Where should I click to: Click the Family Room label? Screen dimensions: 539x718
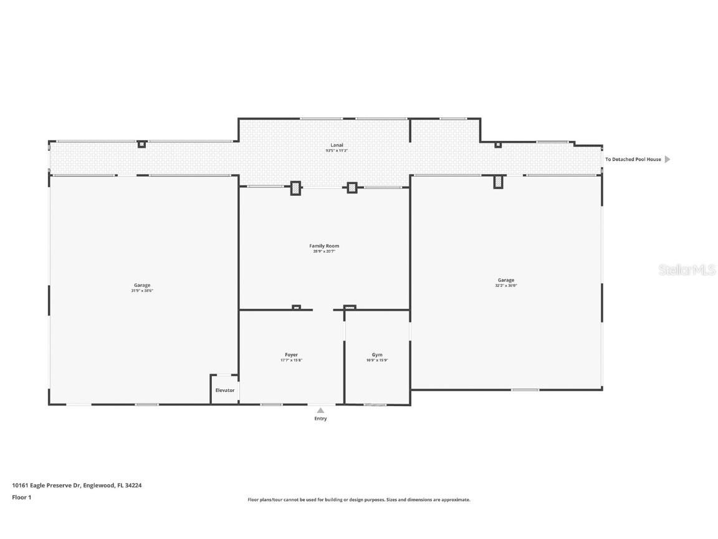click(x=324, y=246)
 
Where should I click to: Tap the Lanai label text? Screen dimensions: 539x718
click(x=337, y=145)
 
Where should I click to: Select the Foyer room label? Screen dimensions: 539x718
click(x=291, y=355)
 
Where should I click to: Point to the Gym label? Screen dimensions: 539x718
click(x=377, y=355)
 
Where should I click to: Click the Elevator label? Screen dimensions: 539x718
click(x=225, y=391)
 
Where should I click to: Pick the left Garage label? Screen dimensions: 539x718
click(x=142, y=285)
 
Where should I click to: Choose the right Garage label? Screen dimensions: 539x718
click(x=506, y=280)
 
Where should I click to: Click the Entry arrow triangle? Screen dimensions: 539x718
click(x=320, y=410)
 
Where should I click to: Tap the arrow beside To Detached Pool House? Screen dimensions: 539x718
click(x=668, y=160)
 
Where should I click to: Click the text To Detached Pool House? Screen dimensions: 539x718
click(x=633, y=160)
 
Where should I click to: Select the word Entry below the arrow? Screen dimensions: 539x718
click(x=320, y=419)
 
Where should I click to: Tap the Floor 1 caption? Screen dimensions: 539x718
click(x=21, y=497)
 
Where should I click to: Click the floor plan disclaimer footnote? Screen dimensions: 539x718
click(x=359, y=500)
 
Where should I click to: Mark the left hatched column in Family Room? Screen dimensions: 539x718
click(x=295, y=188)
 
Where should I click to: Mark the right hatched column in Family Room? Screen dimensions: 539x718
click(x=352, y=187)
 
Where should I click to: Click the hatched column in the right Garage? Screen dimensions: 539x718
click(x=498, y=182)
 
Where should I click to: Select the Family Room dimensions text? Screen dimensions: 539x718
click(x=324, y=251)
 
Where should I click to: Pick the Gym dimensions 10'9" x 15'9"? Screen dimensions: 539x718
click(x=377, y=361)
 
